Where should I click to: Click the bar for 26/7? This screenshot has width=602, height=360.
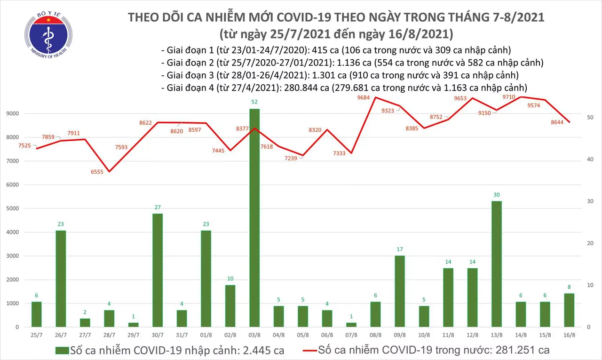tap(61, 278)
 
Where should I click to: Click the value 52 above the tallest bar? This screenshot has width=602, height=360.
tap(254, 102)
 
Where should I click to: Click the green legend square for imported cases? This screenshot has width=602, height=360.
tap(62, 351)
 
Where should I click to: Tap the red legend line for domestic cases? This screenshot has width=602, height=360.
tap(309, 351)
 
